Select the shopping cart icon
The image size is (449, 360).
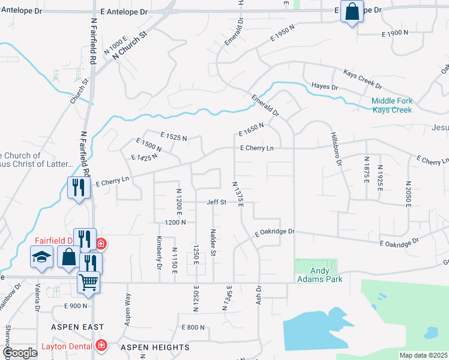pos(88,281)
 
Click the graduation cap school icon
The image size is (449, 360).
pos(41,257)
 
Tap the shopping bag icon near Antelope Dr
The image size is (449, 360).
pos(352,11)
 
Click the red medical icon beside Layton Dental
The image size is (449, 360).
pos(101,346)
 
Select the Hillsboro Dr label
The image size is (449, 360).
pos(337,149)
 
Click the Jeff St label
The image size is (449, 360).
pos(217,202)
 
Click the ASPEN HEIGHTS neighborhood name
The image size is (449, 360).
pos(155,347)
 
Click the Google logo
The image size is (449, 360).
pos(19,353)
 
